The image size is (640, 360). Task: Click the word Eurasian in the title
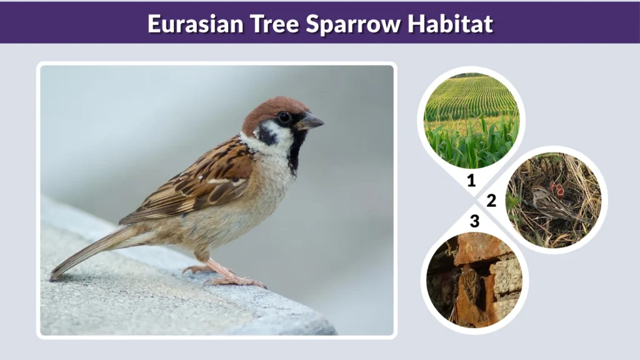(x=187, y=23)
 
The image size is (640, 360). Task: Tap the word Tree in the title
(x=260, y=23)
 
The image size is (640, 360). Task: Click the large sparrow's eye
(x=284, y=117)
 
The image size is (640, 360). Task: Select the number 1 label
(x=471, y=181)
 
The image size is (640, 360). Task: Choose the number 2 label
(x=491, y=201)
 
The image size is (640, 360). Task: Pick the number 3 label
(x=475, y=221)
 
